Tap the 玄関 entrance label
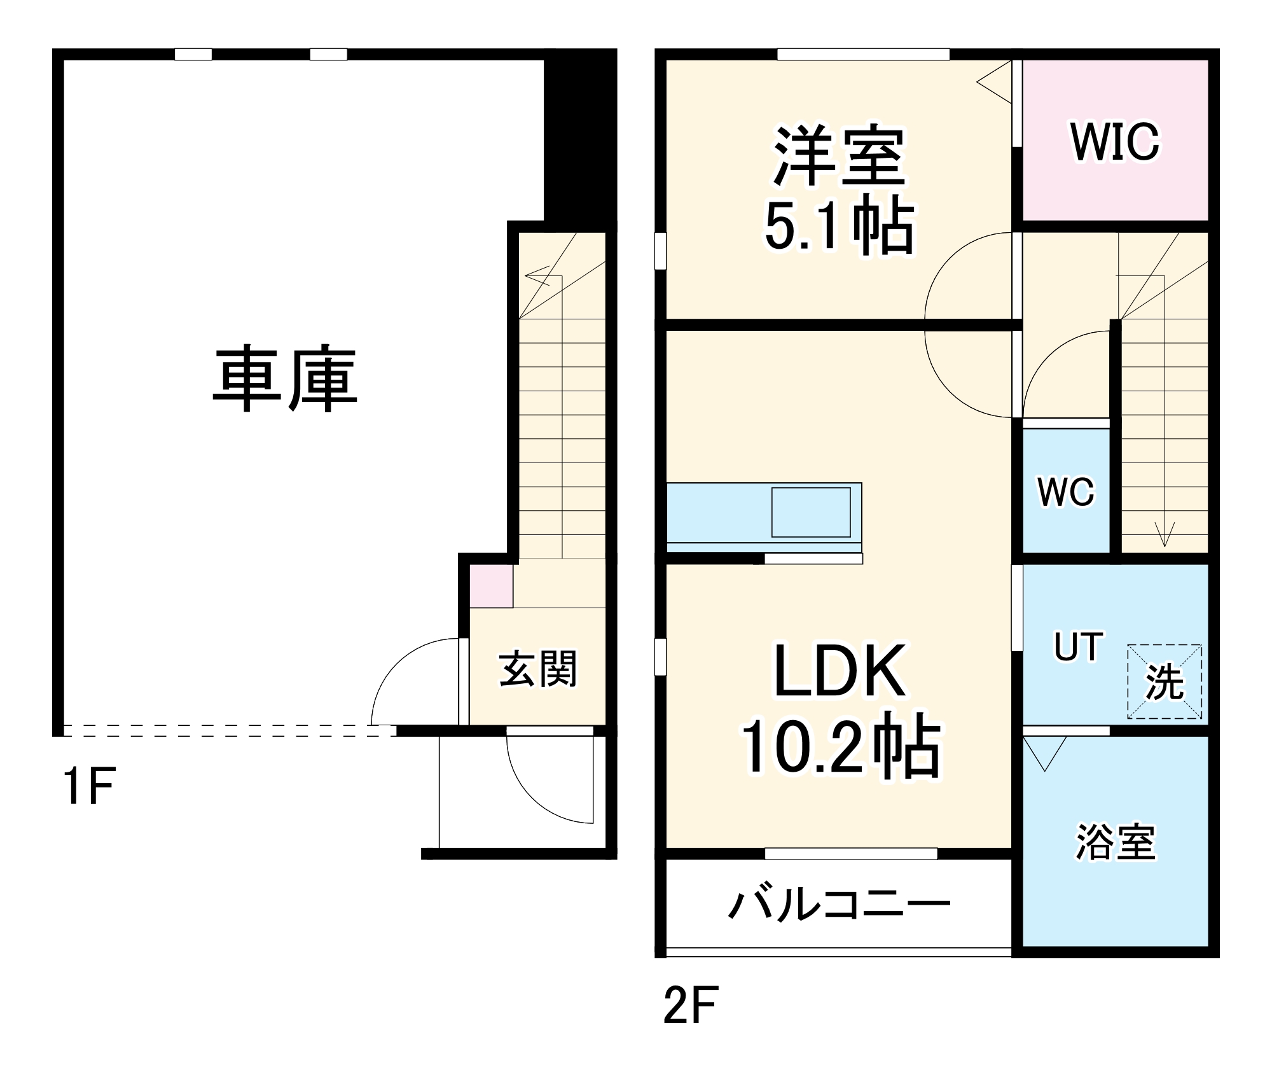tap(538, 669)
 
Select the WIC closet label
tap(1115, 142)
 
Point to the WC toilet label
tap(1066, 492)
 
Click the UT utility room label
tap(1079, 647)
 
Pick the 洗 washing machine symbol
tap(1165, 681)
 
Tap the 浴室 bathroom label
tap(1116, 842)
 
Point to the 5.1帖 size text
tap(840, 226)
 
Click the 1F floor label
tap(88, 787)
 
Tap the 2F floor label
tap(690, 1005)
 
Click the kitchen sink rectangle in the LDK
tap(811, 512)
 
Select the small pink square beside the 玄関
tap(491, 586)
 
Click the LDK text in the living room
tap(840, 671)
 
